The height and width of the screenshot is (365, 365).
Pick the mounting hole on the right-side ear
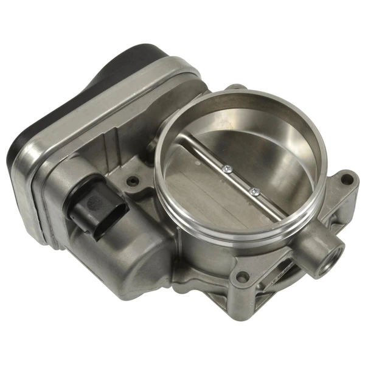[x=346, y=179]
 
